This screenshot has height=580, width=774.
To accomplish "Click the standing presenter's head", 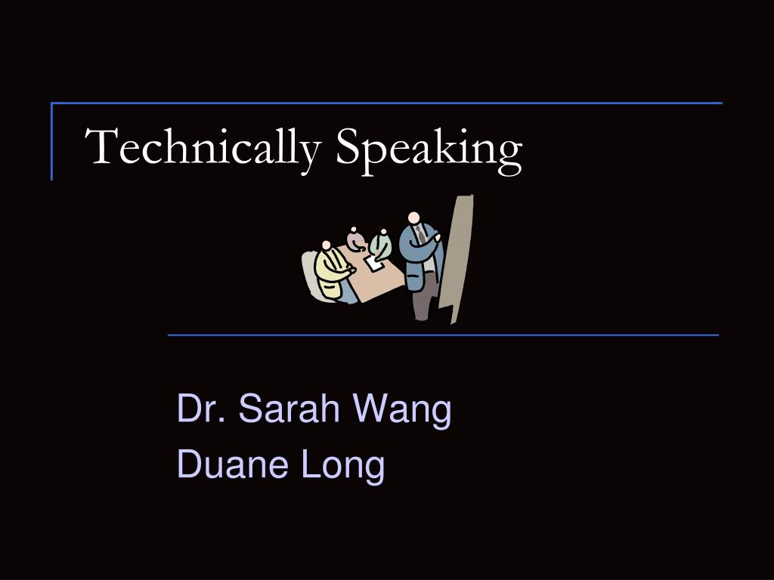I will (413, 219).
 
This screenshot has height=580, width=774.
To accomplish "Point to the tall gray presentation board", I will (457, 257).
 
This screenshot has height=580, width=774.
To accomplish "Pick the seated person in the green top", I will (382, 245).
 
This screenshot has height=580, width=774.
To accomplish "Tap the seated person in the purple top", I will (356, 241).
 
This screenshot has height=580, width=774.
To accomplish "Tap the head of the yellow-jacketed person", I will (327, 245).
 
